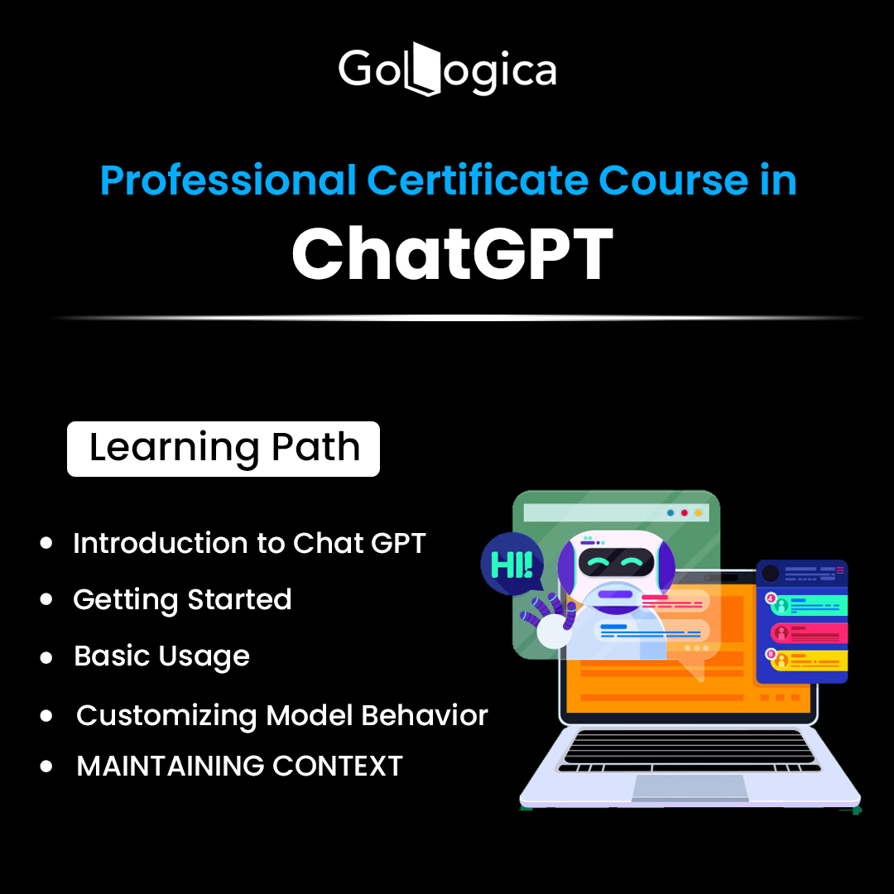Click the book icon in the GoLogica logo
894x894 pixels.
(422, 69)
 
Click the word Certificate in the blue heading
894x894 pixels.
(478, 180)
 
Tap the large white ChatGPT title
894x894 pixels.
(452, 253)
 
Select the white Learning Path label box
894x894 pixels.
(223, 449)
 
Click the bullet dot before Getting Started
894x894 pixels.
(46, 599)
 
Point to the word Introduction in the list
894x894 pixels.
(161, 542)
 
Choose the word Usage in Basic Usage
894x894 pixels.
(204, 656)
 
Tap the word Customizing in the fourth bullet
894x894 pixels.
(166, 716)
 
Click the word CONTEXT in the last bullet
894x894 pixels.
(338, 766)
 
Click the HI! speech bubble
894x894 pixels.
(512, 564)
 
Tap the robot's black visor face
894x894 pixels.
(616, 562)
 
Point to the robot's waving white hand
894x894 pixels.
(552, 630)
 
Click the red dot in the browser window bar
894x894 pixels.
(685, 513)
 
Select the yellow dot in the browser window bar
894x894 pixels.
(699, 513)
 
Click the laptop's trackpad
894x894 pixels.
(690, 787)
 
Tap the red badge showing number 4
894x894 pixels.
(771, 598)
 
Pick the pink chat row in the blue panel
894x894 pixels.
(809, 633)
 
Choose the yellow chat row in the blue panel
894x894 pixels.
(809, 661)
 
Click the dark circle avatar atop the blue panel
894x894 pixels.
(771, 573)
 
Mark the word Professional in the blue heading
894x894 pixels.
(228, 180)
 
